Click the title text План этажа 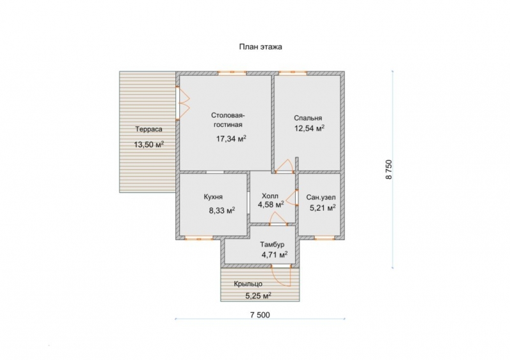coord(261,47)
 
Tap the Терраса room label coord(149,129)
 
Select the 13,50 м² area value coord(149,145)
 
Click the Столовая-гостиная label coord(228,120)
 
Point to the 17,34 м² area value coord(231,139)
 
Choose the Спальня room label coord(308,119)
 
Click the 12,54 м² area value coord(309,129)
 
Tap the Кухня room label coord(214,197)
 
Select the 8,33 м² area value coord(222,211)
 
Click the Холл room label coord(270,196)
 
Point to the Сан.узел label coord(321,198)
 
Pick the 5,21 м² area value coord(323,208)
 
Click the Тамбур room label coord(272,245)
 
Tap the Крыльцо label coord(248,284)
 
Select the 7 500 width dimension coord(260,315)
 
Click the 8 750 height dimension coord(389,169)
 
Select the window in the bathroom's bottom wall coord(324,238)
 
